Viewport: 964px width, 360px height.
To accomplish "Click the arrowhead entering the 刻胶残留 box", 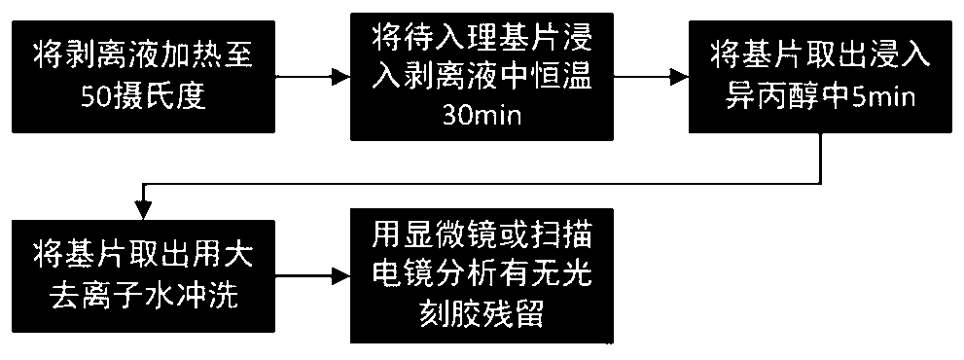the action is [341, 276].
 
